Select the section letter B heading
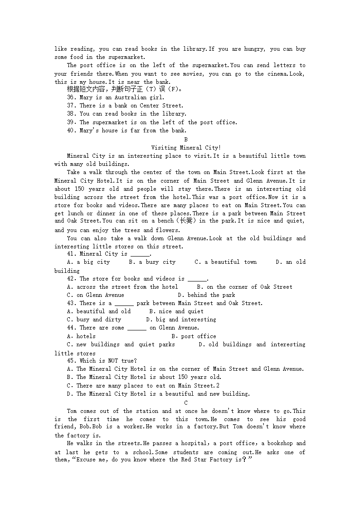click(186, 140)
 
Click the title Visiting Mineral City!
click(186, 148)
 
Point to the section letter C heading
click(186, 403)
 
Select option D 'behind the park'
click(206, 295)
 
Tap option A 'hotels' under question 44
click(81, 336)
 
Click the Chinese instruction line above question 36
click(125, 89)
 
